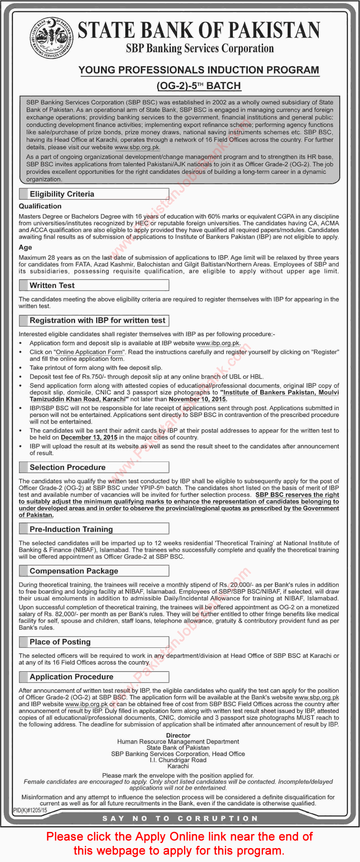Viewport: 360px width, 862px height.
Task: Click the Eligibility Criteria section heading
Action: click(62, 194)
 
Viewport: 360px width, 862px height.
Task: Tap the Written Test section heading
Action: click(52, 285)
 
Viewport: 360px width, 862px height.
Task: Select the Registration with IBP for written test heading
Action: click(97, 321)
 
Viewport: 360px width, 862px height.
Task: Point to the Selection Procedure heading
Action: click(67, 467)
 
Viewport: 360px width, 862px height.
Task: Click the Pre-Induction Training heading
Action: click(71, 529)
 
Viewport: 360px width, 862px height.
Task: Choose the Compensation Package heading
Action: click(74, 571)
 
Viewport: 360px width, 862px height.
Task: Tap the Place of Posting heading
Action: click(60, 642)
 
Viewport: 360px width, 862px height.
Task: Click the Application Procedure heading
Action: click(71, 677)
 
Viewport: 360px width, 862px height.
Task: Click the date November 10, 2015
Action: click(198, 399)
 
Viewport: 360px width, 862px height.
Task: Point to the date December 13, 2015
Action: click(89, 437)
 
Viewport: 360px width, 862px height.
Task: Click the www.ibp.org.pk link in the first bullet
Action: click(218, 343)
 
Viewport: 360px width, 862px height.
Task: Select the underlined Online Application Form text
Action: click(89, 352)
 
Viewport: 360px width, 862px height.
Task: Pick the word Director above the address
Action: click(178, 735)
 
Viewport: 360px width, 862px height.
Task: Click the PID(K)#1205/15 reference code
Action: click(30, 811)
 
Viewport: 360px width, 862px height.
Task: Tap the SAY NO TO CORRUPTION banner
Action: click(180, 818)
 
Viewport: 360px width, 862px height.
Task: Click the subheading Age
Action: click(25, 247)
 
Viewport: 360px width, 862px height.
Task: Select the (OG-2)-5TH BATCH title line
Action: click(198, 86)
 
